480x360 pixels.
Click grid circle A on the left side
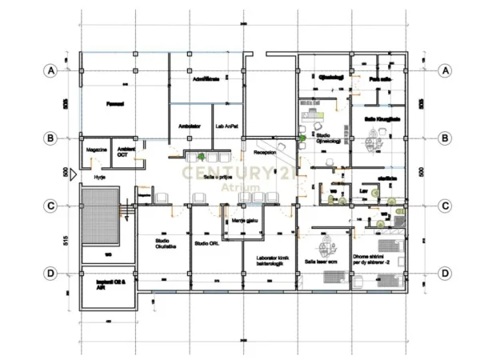[50, 70]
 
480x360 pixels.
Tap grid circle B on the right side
[445, 138]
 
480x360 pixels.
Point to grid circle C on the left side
[50, 206]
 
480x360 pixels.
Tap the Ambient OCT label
[126, 153]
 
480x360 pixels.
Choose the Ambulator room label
[190, 126]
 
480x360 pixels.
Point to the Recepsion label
[265, 151]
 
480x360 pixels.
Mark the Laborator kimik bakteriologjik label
[270, 261]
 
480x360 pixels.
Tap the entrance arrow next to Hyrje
[74, 172]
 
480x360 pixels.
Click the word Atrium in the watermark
[240, 187]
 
